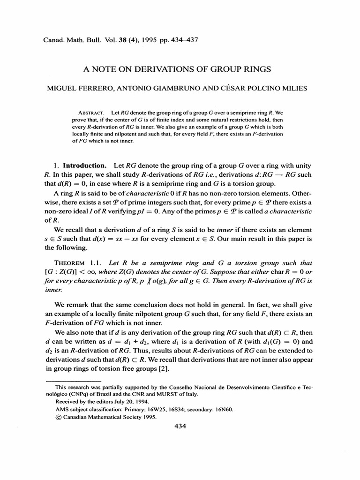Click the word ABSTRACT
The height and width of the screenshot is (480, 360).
90,113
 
